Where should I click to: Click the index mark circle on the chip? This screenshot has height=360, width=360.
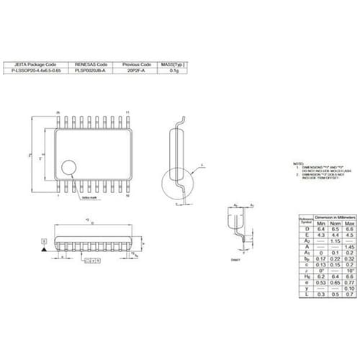(x=68, y=168)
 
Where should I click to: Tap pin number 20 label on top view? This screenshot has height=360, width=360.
(x=58, y=113)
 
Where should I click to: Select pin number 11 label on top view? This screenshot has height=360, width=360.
(x=127, y=113)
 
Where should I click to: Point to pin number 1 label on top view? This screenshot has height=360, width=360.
(x=58, y=195)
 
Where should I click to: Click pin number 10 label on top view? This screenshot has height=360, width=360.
(x=127, y=195)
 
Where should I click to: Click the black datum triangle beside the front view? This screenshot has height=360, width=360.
(x=45, y=248)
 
